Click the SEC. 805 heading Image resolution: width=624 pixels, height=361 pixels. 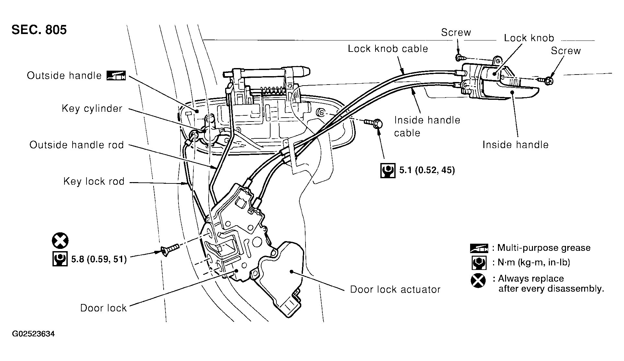(x=39, y=29)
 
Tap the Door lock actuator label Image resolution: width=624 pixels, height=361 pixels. (x=395, y=289)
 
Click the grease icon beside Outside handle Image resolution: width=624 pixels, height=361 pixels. (x=116, y=76)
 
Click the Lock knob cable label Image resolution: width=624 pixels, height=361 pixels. (x=388, y=49)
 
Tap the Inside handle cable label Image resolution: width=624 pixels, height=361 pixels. (x=427, y=126)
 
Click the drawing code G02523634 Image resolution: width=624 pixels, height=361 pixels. (x=33, y=334)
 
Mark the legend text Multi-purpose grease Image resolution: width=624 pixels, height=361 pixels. (x=544, y=248)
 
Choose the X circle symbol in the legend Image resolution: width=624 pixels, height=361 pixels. (x=478, y=281)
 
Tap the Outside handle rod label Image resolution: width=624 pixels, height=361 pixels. (x=76, y=145)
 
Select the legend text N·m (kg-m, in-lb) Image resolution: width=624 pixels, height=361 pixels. (x=533, y=262)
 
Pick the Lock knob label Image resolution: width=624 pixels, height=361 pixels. (x=529, y=38)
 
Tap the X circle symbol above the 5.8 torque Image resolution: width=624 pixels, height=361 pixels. (x=60, y=241)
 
